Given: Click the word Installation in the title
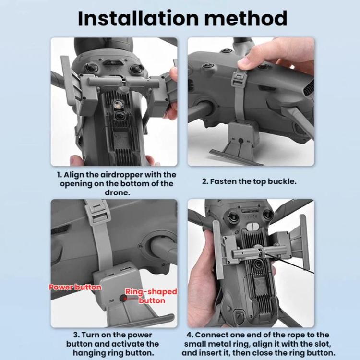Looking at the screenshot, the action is [138, 18].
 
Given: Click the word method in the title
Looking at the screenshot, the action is [246, 18].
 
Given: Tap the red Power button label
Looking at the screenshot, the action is [75, 287].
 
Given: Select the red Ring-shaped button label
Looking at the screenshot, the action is [151, 296].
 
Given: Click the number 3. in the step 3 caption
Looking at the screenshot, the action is [76, 335].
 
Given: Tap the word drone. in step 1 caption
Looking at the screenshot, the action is [117, 192].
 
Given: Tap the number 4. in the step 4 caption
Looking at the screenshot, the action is [190, 335].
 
